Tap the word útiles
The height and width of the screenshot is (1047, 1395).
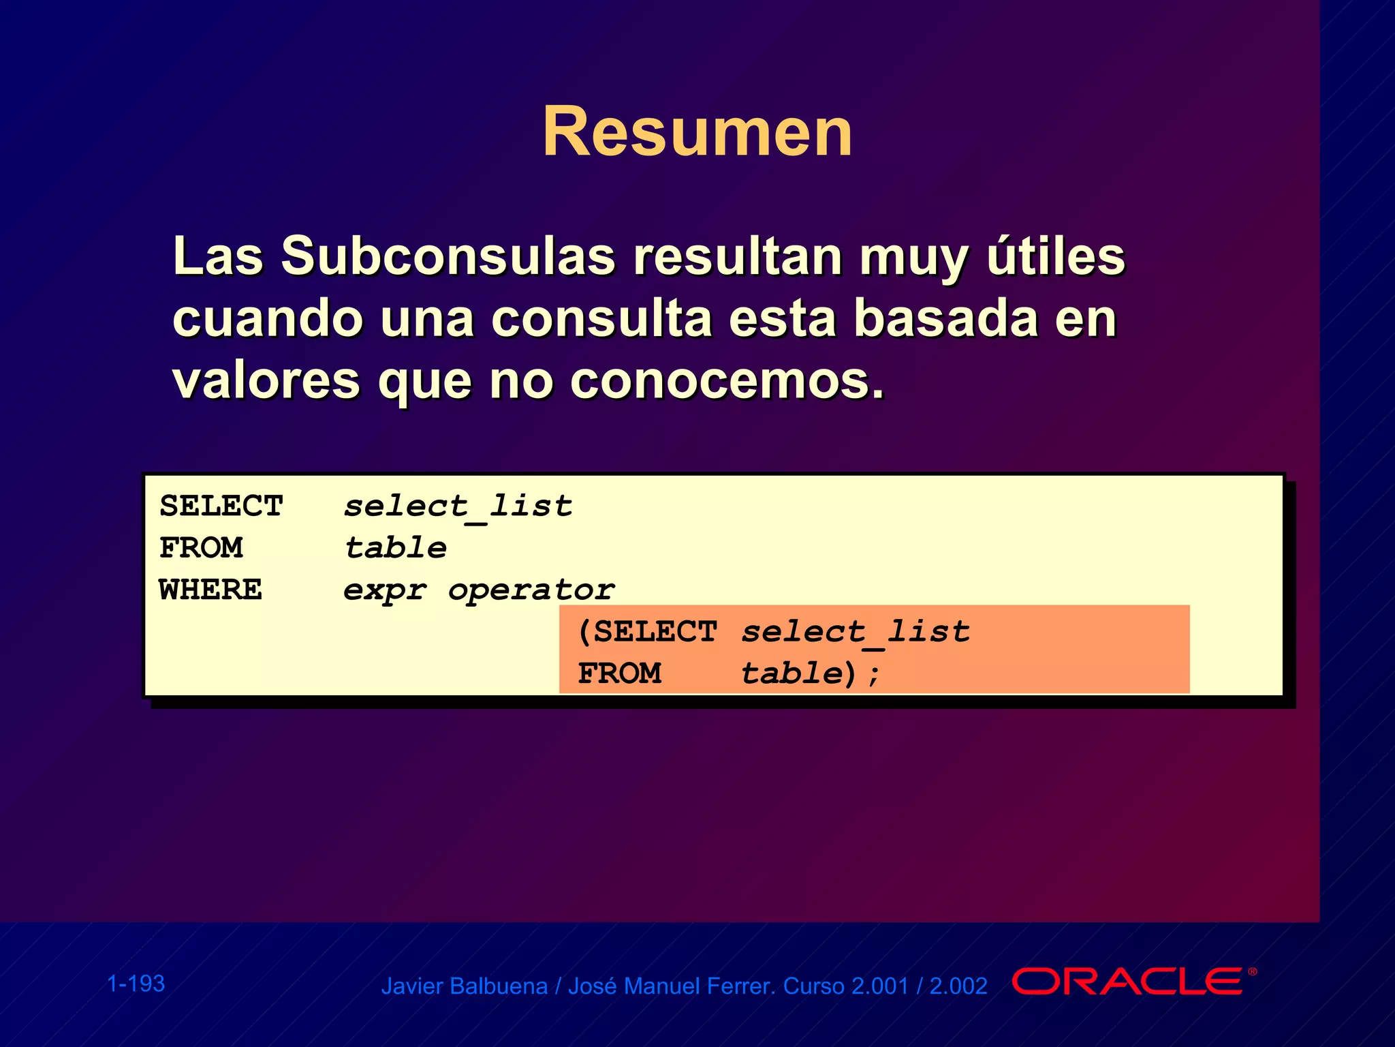(1056, 256)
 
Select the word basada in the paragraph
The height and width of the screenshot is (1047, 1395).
(946, 318)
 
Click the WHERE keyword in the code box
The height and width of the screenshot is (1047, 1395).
(210, 590)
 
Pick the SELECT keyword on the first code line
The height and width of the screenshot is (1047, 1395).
(221, 506)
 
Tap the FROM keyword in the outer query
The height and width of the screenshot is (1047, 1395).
(201, 548)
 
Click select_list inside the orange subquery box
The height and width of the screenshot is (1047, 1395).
(856, 632)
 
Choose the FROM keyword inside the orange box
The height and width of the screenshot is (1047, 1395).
(619, 673)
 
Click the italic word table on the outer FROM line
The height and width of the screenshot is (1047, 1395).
(396, 548)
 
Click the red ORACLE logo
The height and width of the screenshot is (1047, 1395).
(1127, 982)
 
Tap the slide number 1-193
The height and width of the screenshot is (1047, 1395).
(136, 984)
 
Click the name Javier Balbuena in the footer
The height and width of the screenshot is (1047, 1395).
(464, 986)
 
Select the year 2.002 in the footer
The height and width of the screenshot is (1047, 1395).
(958, 986)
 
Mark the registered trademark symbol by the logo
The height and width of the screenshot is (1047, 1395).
(1252, 972)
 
